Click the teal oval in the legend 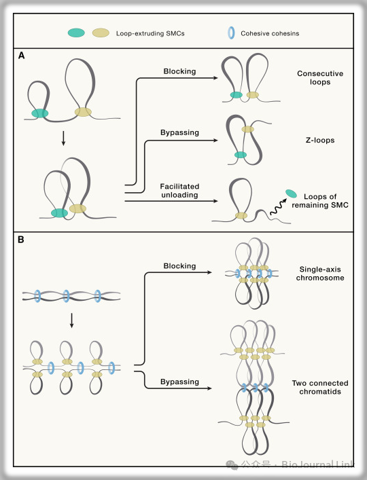click(x=76, y=33)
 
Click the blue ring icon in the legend click(x=231, y=33)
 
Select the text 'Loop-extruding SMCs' click(x=150, y=33)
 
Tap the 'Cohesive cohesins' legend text click(x=270, y=33)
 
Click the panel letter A click(x=22, y=56)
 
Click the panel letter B click(x=21, y=240)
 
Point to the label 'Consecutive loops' click(x=320, y=78)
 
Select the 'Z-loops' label click(x=320, y=141)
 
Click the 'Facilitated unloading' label click(x=179, y=191)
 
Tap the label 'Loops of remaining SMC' click(x=320, y=201)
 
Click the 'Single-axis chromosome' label click(x=320, y=274)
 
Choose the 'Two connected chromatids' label click(x=320, y=387)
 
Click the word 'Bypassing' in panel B click(x=179, y=382)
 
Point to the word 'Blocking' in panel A click(x=179, y=71)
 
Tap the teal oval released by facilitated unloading click(x=291, y=193)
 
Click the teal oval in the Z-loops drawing click(x=241, y=155)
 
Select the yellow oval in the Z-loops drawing click(x=247, y=129)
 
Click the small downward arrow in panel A click(x=63, y=139)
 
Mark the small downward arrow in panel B click(x=71, y=320)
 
